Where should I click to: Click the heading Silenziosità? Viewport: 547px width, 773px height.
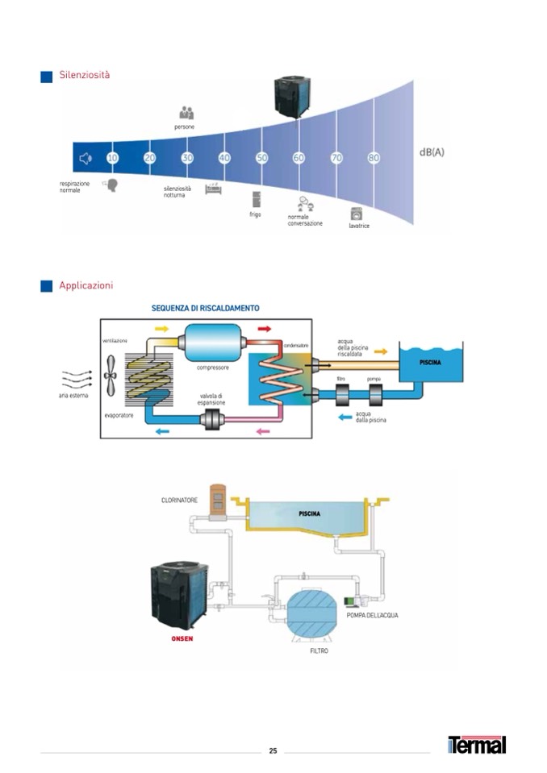pyautogui.click(x=84, y=76)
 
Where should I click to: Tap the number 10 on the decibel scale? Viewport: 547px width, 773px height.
pyautogui.click(x=112, y=158)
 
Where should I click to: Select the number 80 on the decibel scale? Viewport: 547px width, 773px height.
pyautogui.click(x=374, y=158)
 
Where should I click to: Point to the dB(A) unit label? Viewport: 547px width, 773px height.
pyautogui.click(x=432, y=152)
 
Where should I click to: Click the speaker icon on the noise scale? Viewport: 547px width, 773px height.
pyautogui.click(x=85, y=158)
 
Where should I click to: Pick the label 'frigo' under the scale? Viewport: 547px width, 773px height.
pyautogui.click(x=255, y=214)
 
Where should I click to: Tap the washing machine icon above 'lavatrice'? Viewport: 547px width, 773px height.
pyautogui.click(x=357, y=214)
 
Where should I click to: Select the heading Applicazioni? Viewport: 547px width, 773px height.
pyautogui.click(x=86, y=285)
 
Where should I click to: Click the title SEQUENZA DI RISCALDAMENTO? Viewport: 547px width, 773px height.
pyautogui.click(x=206, y=308)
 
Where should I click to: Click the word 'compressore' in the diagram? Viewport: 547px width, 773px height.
pyautogui.click(x=213, y=367)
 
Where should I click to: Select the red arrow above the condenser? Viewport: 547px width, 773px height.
pyautogui.click(x=264, y=329)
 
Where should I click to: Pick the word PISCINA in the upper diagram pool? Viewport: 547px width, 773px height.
pyautogui.click(x=430, y=363)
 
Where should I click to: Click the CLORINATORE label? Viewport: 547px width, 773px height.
pyautogui.click(x=179, y=500)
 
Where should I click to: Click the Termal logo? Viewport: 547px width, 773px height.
pyautogui.click(x=477, y=745)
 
